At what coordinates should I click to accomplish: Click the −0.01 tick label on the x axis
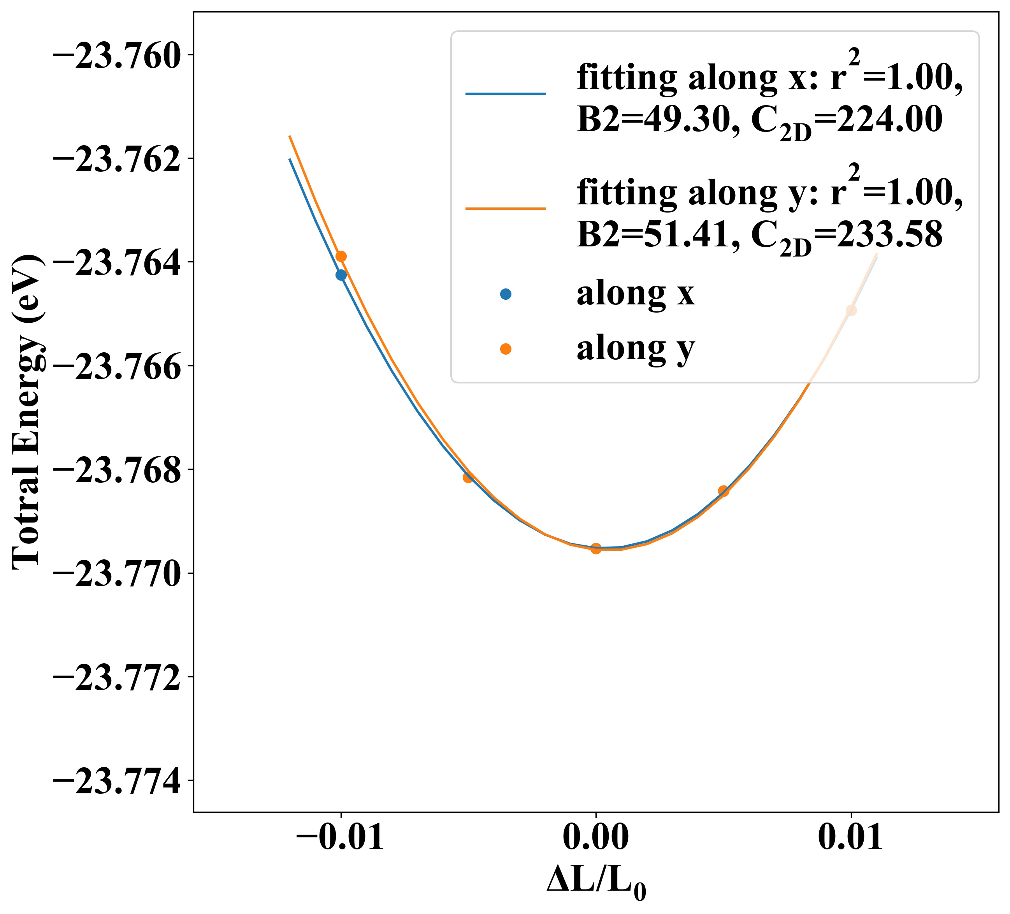click(x=340, y=837)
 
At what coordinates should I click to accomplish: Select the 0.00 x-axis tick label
click(x=595, y=837)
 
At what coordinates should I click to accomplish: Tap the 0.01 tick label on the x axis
click(x=851, y=837)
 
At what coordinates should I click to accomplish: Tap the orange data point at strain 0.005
click(x=724, y=490)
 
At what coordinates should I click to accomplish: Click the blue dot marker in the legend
click(x=506, y=295)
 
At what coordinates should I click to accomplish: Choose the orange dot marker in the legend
click(x=506, y=349)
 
